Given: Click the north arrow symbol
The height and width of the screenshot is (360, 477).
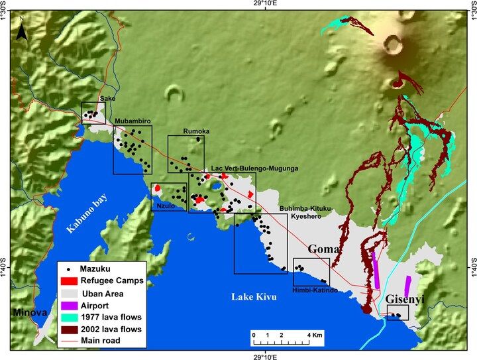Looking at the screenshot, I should click(x=22, y=30).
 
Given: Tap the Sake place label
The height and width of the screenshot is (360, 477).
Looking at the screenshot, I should click(x=107, y=98).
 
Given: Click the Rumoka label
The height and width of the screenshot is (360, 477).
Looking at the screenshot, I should click(x=195, y=131).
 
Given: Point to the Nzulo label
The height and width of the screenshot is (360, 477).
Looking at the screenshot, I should click(x=165, y=207).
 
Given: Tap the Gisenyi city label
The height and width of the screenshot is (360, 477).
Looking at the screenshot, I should click(x=406, y=300).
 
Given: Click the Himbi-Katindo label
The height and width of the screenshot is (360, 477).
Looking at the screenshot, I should click(x=315, y=290).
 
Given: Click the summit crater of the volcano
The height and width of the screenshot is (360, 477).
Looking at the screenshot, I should click(x=392, y=44).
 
